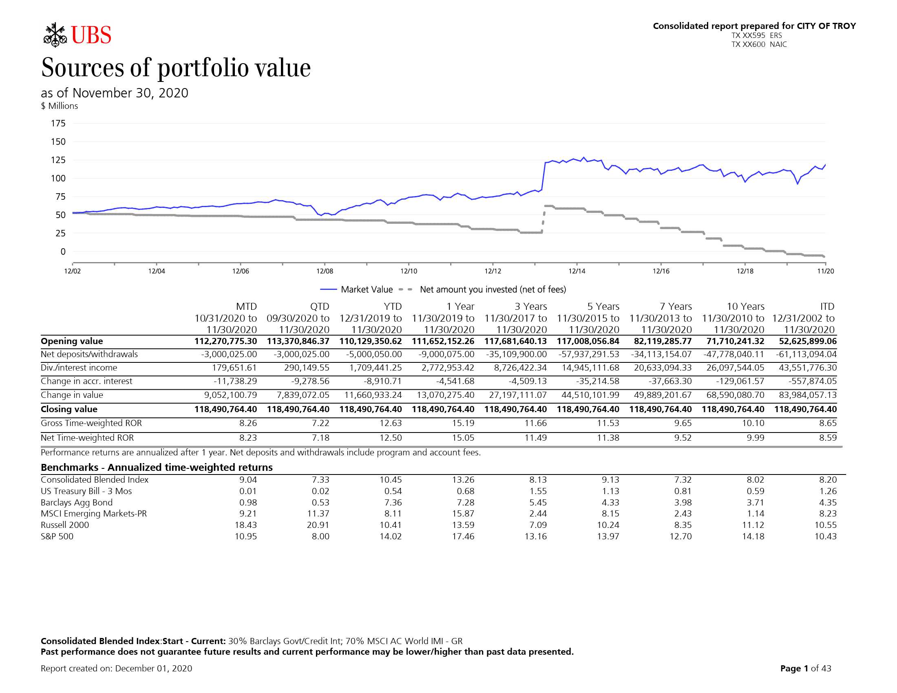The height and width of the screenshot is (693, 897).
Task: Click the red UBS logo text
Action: (91, 35)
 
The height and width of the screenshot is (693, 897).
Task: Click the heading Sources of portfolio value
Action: (176, 68)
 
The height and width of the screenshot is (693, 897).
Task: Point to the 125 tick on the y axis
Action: (58, 160)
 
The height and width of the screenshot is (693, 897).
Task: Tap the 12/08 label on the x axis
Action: (325, 271)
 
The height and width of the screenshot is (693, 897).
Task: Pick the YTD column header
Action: (393, 306)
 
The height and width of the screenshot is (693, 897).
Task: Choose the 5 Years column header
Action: (603, 306)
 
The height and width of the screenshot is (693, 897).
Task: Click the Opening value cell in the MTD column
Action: (225, 341)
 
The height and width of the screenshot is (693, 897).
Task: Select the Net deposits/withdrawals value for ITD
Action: (806, 354)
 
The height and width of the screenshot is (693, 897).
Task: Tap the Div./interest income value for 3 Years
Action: (520, 367)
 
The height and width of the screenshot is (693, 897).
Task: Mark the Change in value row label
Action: (72, 395)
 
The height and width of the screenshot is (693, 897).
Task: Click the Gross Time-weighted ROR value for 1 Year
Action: (463, 423)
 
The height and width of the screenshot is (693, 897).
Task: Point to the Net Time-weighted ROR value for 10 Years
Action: (755, 438)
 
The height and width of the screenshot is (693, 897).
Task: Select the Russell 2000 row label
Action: (65, 525)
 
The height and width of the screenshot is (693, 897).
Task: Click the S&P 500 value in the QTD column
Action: (320, 536)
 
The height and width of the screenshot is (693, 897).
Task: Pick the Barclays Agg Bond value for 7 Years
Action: (683, 503)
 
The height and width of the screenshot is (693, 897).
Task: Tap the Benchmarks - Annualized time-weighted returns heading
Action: (157, 468)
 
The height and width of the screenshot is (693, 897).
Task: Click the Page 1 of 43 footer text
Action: (806, 669)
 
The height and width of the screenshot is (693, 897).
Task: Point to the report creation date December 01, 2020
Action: (154, 669)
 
